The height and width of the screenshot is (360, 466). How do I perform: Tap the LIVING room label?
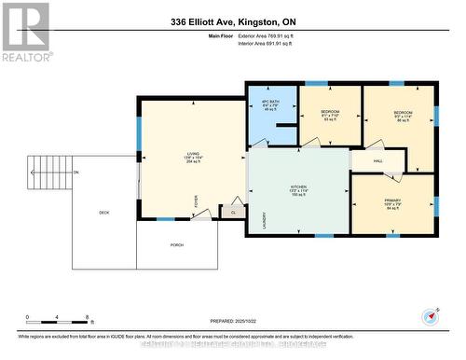[x=193, y=159]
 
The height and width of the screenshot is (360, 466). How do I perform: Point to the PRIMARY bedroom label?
[x=391, y=203]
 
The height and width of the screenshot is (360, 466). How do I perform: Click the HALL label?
[x=378, y=161]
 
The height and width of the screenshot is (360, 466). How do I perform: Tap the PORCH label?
[x=177, y=245]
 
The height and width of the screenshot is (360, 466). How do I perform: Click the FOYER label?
[x=197, y=200]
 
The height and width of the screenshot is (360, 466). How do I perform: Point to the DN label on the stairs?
[x=76, y=173]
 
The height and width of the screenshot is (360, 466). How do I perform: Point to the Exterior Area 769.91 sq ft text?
[x=279, y=35]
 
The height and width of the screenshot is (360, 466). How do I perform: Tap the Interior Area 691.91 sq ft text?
[x=279, y=44]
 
